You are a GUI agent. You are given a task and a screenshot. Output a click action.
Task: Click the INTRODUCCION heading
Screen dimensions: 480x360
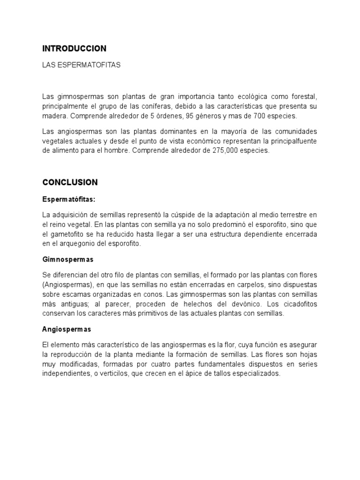coord(75,48)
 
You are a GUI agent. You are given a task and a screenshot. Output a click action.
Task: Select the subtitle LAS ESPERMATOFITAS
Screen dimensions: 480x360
coord(81,65)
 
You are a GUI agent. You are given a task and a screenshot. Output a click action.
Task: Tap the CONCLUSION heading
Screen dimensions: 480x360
coord(70,182)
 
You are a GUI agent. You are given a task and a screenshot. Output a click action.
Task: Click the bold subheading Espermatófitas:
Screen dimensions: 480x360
coord(68,199)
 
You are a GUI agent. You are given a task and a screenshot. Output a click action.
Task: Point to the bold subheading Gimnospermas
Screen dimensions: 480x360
coord(67,259)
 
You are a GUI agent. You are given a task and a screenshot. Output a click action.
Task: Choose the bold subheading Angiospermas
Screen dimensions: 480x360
coord(67,330)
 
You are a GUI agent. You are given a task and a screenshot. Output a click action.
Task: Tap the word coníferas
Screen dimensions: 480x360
coord(160,106)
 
